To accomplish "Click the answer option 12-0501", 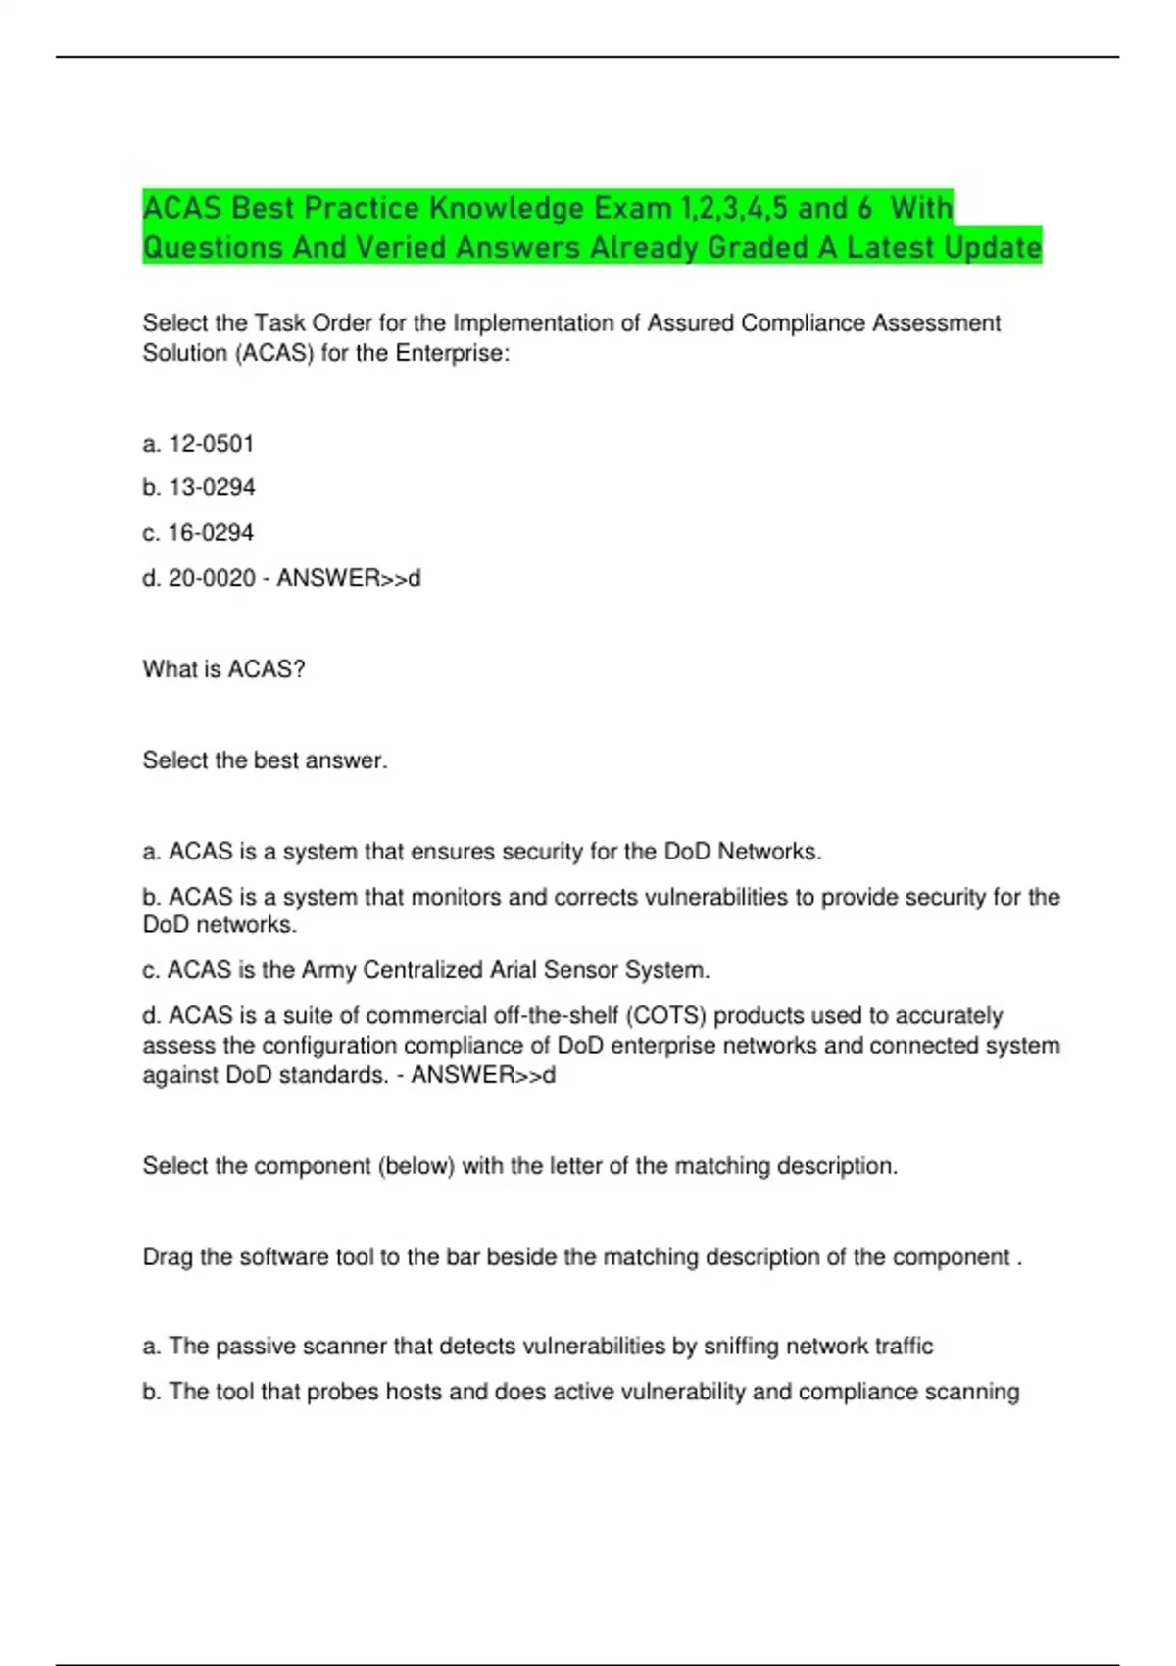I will point(211,444).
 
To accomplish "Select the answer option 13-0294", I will point(212,487).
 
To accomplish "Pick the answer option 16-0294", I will point(211,532).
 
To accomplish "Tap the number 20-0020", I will point(212,578).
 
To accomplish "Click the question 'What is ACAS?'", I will point(223,669).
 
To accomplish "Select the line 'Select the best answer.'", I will point(265,760).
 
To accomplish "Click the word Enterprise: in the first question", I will point(452,353).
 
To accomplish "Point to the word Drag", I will point(168,1257).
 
